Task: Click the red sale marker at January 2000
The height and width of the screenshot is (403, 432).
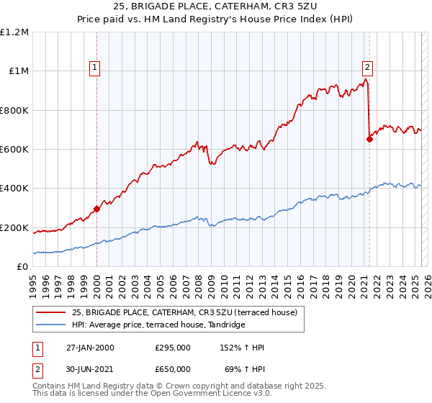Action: pos(96,209)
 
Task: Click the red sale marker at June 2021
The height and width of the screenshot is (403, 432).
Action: pos(369,140)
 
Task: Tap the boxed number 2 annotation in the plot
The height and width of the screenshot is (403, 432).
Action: pos(367,68)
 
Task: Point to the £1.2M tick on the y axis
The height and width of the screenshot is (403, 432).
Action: pos(14,32)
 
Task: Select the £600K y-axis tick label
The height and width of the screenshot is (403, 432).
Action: pos(14,150)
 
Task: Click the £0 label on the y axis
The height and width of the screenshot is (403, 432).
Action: pos(22,267)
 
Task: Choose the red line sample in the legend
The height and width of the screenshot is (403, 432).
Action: pos(50,312)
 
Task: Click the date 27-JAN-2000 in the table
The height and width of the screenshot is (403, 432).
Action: pos(89,348)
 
